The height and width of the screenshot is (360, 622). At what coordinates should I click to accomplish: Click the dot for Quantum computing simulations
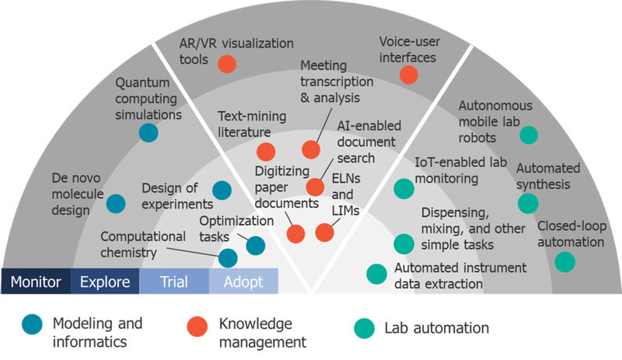point(148,133)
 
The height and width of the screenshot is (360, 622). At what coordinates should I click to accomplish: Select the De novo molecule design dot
point(116,204)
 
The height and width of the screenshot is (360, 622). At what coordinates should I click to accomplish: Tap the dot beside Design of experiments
point(222,189)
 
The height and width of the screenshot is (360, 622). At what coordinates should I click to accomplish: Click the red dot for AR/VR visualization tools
point(227,64)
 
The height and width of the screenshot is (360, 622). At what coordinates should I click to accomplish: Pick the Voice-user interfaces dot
point(407,75)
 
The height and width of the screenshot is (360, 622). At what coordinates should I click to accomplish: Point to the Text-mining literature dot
point(266,152)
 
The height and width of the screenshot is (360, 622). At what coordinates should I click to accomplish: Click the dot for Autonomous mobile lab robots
point(529,135)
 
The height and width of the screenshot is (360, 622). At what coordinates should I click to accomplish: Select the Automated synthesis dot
point(528,204)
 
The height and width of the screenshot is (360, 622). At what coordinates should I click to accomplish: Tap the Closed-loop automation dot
point(565,262)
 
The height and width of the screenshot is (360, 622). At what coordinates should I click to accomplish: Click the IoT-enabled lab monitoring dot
point(404,188)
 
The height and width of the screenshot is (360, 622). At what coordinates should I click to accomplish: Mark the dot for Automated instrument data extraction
point(376,274)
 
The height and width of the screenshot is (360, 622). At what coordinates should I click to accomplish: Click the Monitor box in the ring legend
point(36,281)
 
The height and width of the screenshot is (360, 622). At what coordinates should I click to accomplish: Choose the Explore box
point(105,281)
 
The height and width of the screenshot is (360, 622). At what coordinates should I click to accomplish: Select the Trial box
point(174,281)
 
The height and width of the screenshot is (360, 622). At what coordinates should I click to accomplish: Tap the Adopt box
point(243,281)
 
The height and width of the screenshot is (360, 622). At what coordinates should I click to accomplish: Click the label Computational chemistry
point(142,244)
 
